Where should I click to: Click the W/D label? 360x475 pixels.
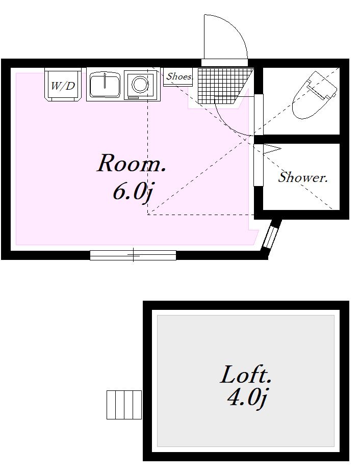(x=63, y=86)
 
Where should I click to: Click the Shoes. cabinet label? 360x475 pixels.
(x=179, y=76)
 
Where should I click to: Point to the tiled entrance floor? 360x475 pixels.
(x=223, y=86)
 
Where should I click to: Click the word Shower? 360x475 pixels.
(x=303, y=177)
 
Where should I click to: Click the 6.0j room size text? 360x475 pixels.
(x=132, y=192)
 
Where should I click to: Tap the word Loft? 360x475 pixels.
(x=245, y=375)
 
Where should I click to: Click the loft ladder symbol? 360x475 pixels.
(x=124, y=405)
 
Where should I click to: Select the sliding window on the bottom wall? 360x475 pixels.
(x=133, y=255)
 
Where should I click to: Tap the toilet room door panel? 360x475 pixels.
(x=259, y=115)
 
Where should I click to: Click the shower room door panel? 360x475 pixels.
(x=259, y=165)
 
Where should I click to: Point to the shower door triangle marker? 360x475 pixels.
(x=272, y=149)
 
